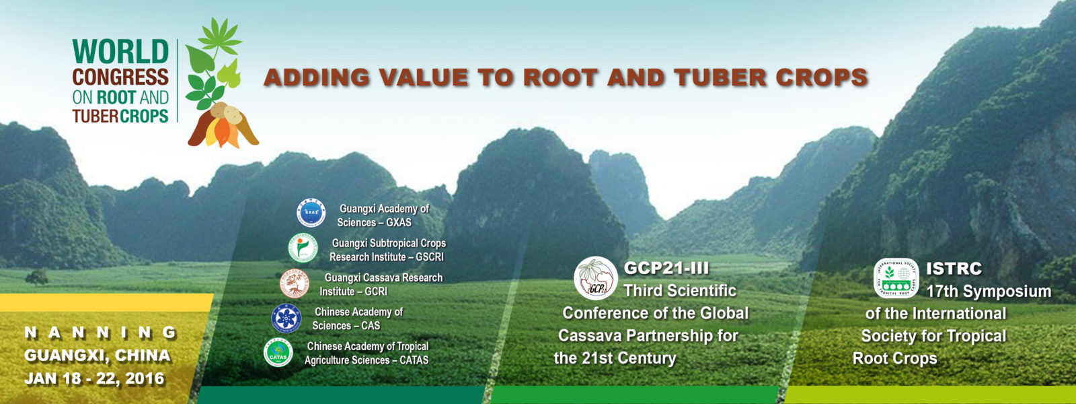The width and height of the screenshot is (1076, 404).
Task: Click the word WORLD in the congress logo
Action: [x=120, y=52]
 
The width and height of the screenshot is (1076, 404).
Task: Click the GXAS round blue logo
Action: [x=311, y=213]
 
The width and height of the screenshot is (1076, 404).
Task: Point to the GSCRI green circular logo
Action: [x=303, y=248]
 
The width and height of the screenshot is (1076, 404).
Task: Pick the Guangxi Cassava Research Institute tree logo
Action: [x=295, y=283]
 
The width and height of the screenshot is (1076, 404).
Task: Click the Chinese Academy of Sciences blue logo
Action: [x=286, y=318]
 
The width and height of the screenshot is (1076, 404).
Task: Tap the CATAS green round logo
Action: [x=278, y=353]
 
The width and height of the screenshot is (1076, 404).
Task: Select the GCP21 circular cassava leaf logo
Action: [x=596, y=278]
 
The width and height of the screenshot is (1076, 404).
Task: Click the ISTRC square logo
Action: [x=896, y=278]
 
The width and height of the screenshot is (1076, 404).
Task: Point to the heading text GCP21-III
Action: [x=666, y=269]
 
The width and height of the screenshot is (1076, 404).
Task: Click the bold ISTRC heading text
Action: [x=954, y=269]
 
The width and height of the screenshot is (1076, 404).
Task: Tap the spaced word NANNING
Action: [x=100, y=333]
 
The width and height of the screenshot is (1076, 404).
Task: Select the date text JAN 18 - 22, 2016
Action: [x=94, y=379]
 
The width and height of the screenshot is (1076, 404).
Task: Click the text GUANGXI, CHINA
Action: [x=97, y=356]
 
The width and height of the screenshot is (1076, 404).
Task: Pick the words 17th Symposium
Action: [x=989, y=292]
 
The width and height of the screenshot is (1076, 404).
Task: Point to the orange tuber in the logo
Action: [x=222, y=132]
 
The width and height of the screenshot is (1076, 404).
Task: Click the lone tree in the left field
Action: [x=36, y=277]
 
